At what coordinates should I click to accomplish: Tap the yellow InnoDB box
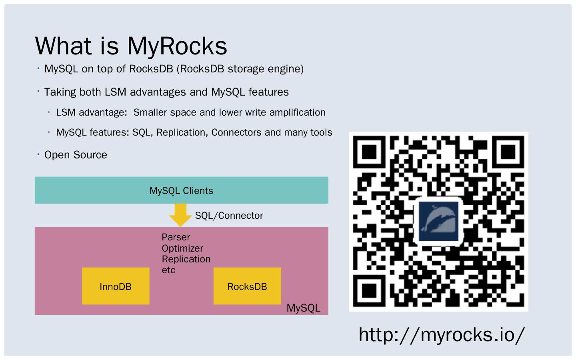116,286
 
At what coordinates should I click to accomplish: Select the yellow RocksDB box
247,286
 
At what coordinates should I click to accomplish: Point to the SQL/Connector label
229,216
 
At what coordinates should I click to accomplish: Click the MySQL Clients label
181,190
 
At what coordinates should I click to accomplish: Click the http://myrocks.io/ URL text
441,334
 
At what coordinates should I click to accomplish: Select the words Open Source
76,155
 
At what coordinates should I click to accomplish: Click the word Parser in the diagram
176,237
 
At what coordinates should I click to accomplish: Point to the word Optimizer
182,248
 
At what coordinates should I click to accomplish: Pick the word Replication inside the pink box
186,259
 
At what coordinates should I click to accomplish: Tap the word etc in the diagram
168,270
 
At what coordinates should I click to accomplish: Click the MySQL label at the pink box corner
303,308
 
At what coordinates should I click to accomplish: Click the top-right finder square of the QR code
508,151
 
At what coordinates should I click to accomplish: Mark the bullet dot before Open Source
38,154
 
